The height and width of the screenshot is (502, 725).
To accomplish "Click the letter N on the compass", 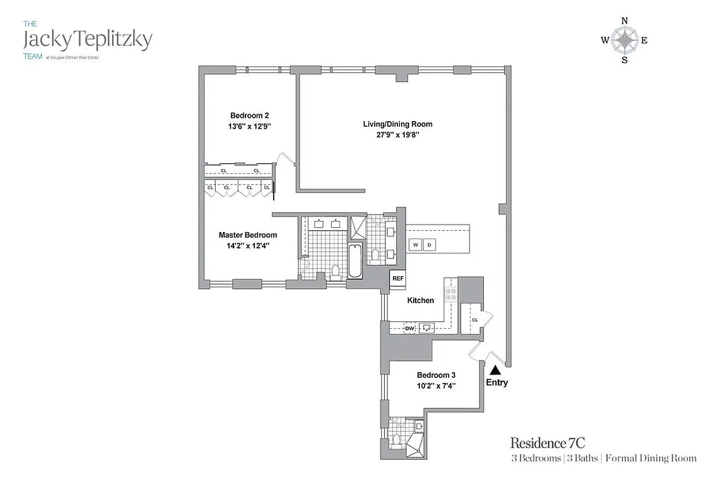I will tap(625, 21).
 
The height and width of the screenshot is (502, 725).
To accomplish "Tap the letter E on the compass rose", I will tap(645, 41).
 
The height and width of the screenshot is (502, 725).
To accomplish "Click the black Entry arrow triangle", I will tap(495, 370).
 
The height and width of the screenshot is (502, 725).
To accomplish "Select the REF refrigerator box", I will tap(397, 278).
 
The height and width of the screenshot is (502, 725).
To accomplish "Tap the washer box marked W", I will tap(415, 245).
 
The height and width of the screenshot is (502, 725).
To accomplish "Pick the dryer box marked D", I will tap(430, 245).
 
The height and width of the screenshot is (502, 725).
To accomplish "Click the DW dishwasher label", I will tap(409, 328).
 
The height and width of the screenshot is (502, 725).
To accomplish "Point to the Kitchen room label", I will tap(421, 301).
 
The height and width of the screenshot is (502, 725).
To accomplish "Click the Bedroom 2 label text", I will tap(249, 115).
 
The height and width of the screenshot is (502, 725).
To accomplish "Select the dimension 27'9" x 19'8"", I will tap(398, 134).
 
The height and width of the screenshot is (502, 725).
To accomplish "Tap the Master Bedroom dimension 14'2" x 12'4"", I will tap(247, 245).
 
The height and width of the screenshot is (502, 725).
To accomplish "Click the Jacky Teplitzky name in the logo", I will tap(87, 40).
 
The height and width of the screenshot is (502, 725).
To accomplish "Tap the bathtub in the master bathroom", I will tap(355, 262).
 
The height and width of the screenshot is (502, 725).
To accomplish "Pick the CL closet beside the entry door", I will tap(475, 319).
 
